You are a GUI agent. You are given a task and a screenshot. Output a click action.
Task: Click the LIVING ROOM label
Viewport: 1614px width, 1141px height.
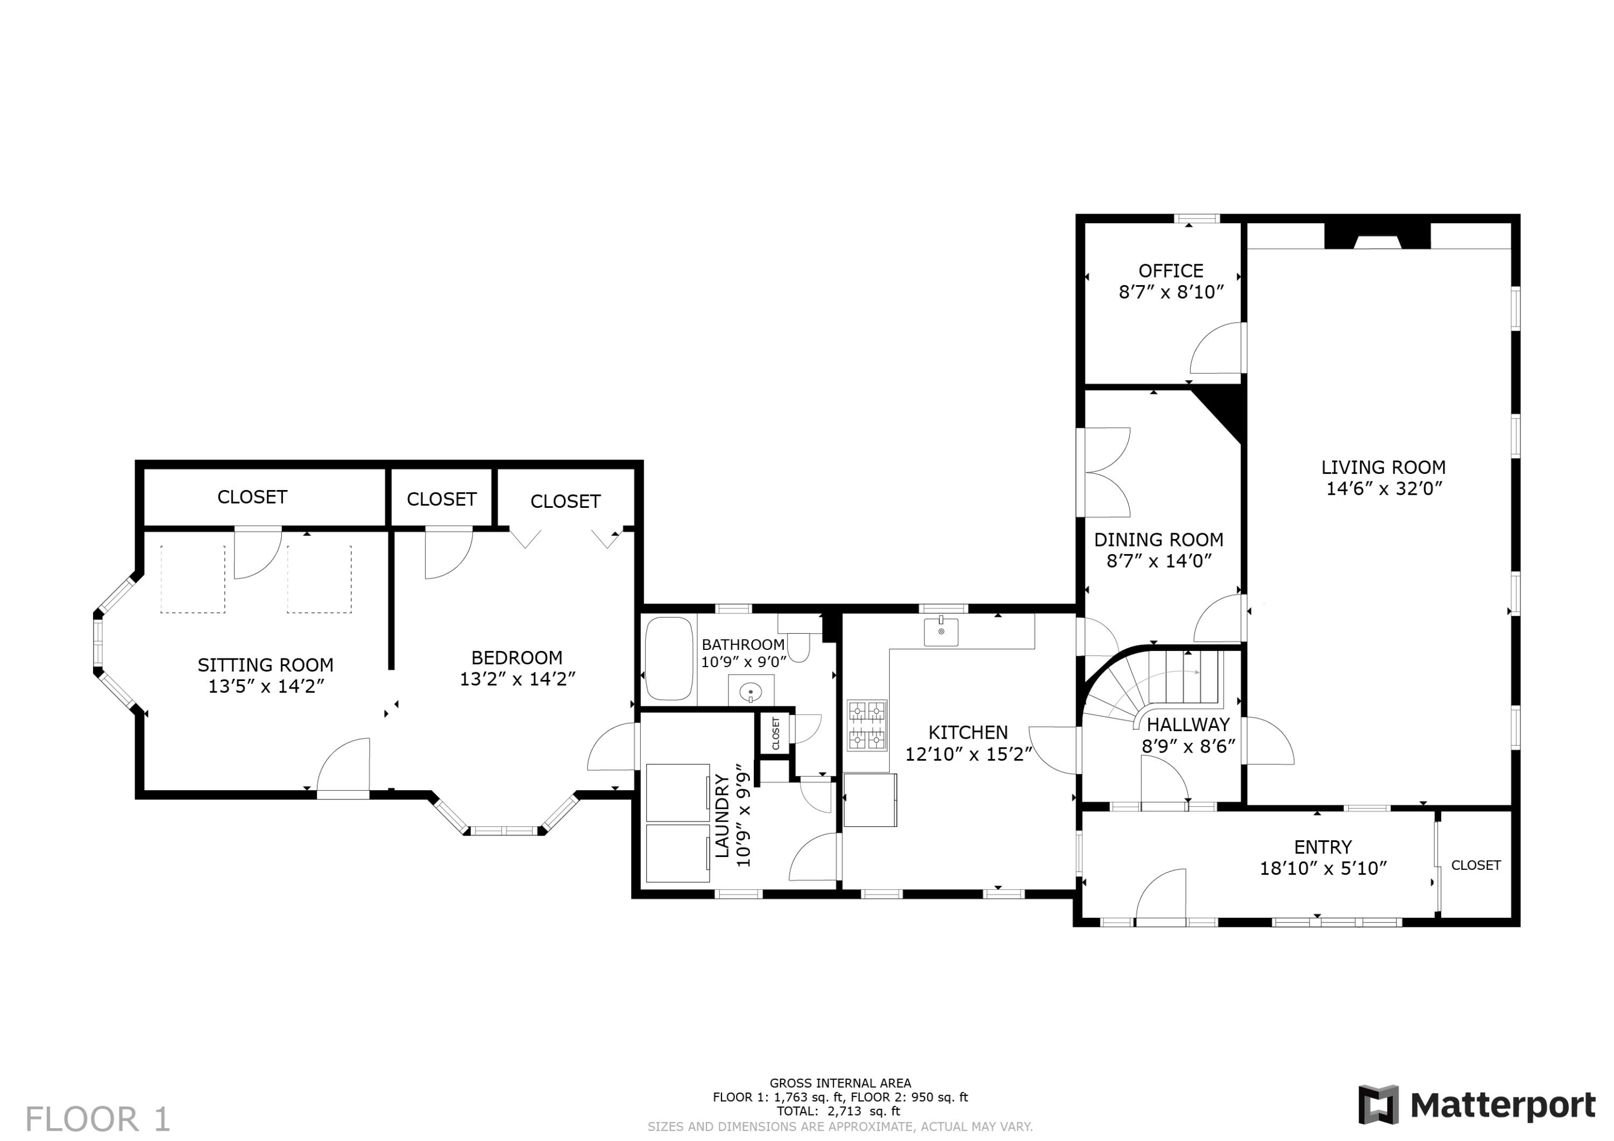(1383, 467)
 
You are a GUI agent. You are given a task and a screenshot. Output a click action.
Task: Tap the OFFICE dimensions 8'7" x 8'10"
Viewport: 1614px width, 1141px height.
(1171, 293)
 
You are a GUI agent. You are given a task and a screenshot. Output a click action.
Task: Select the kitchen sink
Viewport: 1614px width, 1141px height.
(940, 632)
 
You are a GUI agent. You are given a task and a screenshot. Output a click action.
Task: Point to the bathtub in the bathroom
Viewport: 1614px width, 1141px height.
(669, 659)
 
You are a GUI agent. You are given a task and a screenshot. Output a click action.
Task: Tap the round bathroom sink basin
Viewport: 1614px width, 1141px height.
(751, 692)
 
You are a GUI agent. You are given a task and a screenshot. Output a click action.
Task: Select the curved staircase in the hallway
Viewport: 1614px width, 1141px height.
(1153, 685)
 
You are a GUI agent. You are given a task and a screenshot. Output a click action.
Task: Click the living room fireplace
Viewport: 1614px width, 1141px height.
(1377, 237)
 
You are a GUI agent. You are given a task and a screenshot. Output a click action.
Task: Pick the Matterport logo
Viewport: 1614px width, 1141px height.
(1477, 1105)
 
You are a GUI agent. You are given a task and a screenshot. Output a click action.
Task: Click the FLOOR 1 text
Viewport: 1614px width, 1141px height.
(98, 1119)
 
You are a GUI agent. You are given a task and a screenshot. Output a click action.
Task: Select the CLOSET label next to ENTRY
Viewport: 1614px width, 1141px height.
(1476, 866)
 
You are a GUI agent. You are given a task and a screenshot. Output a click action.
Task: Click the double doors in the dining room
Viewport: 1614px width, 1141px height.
(1106, 472)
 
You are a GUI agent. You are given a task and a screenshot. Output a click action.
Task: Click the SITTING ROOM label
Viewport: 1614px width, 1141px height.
(265, 665)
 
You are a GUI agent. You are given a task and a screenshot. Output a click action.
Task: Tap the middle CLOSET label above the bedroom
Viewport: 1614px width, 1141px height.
(442, 499)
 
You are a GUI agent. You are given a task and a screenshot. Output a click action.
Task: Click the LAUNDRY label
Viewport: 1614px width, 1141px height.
(722, 816)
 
